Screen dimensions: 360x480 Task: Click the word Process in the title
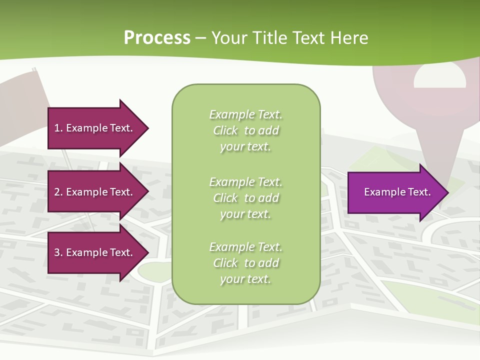pos(157,38)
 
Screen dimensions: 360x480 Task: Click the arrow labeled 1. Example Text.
pos(95,128)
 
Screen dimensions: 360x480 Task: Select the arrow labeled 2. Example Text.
pos(95,192)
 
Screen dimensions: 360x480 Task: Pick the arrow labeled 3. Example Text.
pos(95,252)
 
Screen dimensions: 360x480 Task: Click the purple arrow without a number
pos(395,192)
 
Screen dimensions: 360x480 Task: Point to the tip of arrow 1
pos(147,128)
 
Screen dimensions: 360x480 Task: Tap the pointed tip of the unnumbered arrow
pos(447,192)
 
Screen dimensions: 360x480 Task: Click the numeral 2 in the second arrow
pos(57,192)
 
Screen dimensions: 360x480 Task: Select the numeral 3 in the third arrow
pos(57,252)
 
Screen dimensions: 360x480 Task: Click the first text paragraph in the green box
pos(245,130)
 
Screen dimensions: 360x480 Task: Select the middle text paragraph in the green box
pos(245,198)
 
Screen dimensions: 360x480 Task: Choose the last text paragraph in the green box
pos(245,263)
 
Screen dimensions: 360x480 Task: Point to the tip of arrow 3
pos(147,252)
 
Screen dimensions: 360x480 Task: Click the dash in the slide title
pos(200,38)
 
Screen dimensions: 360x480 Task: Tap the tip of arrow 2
pos(147,192)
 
